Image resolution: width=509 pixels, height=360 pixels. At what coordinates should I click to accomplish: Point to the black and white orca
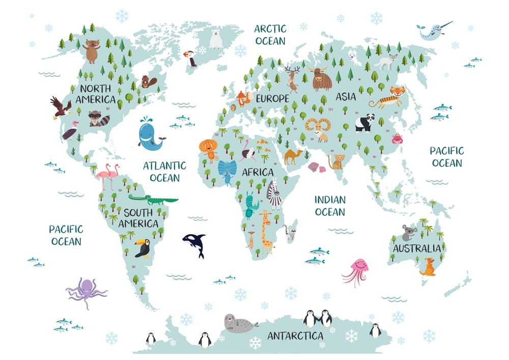[x=195, y=243]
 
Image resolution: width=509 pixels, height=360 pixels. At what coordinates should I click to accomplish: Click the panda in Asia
[x=364, y=123]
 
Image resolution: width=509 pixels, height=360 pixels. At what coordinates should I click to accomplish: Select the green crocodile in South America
[x=152, y=199]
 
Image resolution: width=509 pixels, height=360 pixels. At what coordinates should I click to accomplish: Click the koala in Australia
[x=408, y=233]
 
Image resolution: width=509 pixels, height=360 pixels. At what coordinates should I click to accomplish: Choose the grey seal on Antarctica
[x=238, y=323]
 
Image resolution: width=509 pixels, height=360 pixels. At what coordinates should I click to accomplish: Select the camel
[x=293, y=156]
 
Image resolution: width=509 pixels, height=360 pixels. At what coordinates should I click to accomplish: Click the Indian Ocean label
[x=329, y=206]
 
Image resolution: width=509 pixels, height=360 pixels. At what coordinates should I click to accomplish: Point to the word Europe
[x=272, y=98]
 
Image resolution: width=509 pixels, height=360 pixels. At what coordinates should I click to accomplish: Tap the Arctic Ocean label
[x=270, y=34]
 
